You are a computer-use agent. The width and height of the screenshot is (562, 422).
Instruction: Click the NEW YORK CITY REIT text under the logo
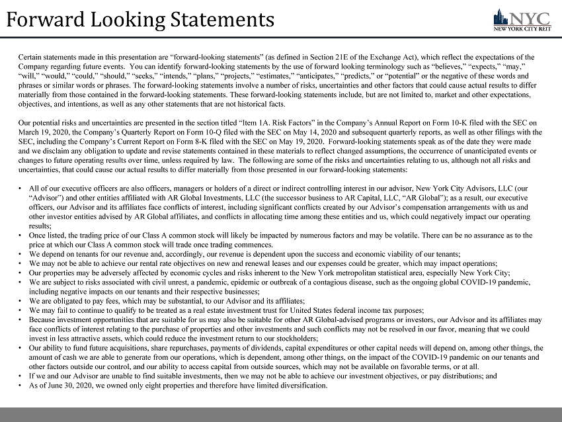pyautogui.click(x=523, y=28)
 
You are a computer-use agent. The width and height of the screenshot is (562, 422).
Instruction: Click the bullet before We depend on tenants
pyautogui.click(x=22, y=254)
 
